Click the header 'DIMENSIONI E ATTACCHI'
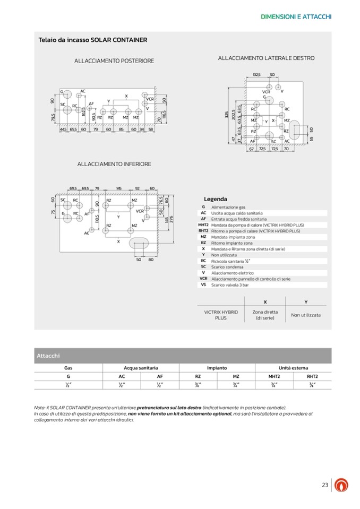pyautogui.click(x=296, y=17)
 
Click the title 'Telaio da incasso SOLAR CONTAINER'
pyautogui.click(x=93, y=40)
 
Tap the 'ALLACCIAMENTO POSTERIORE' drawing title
pyautogui.click(x=114, y=61)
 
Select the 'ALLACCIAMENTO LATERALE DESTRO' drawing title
pyautogui.click(x=266, y=58)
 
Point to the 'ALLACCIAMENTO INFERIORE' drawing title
pyautogui.click(x=114, y=164)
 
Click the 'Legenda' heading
pyautogui.click(x=215, y=199)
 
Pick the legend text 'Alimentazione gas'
pyautogui.click(x=228, y=207)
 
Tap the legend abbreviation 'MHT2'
pyautogui.click(x=203, y=225)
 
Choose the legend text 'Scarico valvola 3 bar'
pyautogui.click(x=230, y=285)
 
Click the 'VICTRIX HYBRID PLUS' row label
pyautogui.click(x=221, y=315)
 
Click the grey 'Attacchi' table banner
pyautogui.click(x=48, y=356)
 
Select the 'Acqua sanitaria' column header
pyautogui.click(x=141, y=367)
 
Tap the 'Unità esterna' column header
pyautogui.click(x=293, y=367)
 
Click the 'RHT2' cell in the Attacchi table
pyautogui.click(x=312, y=376)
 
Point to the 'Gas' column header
pyautogui.click(x=68, y=367)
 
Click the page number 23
pyautogui.click(x=325, y=485)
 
